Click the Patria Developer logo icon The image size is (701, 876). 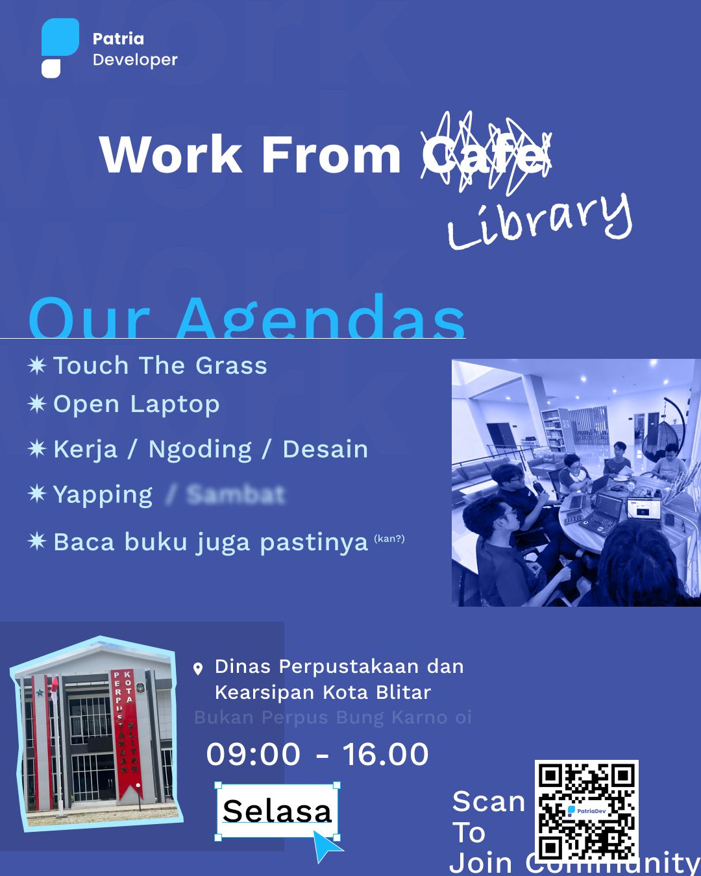coord(60,47)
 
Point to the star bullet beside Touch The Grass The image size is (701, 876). coord(37,365)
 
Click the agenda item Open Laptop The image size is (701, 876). coord(136,404)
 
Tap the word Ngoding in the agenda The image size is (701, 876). coord(200,449)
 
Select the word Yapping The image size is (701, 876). coord(103,495)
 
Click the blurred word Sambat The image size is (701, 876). coord(236,495)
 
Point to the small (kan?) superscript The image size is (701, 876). coord(389,539)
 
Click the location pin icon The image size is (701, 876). coord(199,668)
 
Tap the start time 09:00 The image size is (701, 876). coord(253,754)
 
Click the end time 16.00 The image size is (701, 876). coord(386,754)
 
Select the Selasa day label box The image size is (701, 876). coord(277,810)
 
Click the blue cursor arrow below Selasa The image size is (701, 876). coord(326,846)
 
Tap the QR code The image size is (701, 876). coord(586,811)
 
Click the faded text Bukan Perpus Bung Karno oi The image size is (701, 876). coord(332,718)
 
